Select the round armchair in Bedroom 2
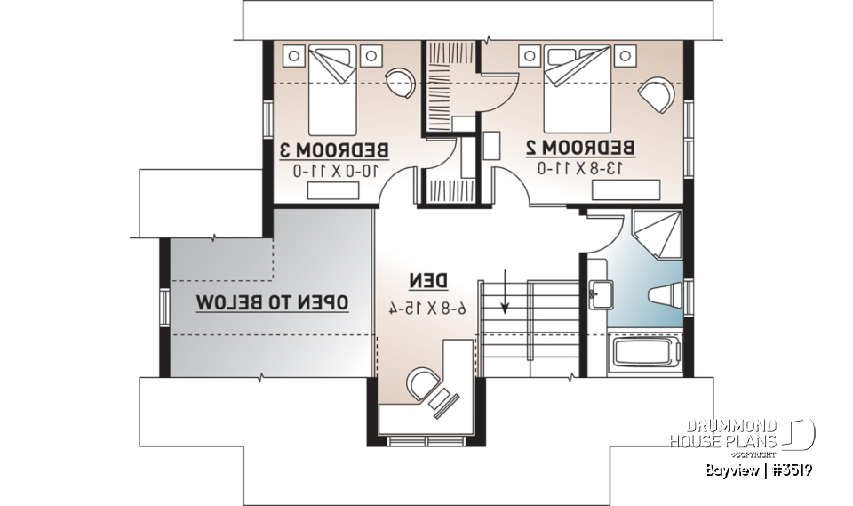[x=657, y=92]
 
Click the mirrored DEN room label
[x=426, y=281]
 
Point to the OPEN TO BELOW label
[x=272, y=302]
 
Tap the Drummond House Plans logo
[x=741, y=433]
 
